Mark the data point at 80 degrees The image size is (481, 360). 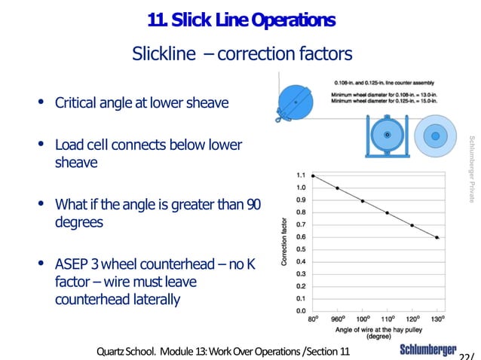(313, 175)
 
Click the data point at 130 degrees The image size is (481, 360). (437, 237)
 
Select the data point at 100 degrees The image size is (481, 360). (363, 200)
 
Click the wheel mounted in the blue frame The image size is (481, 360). (388, 135)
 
